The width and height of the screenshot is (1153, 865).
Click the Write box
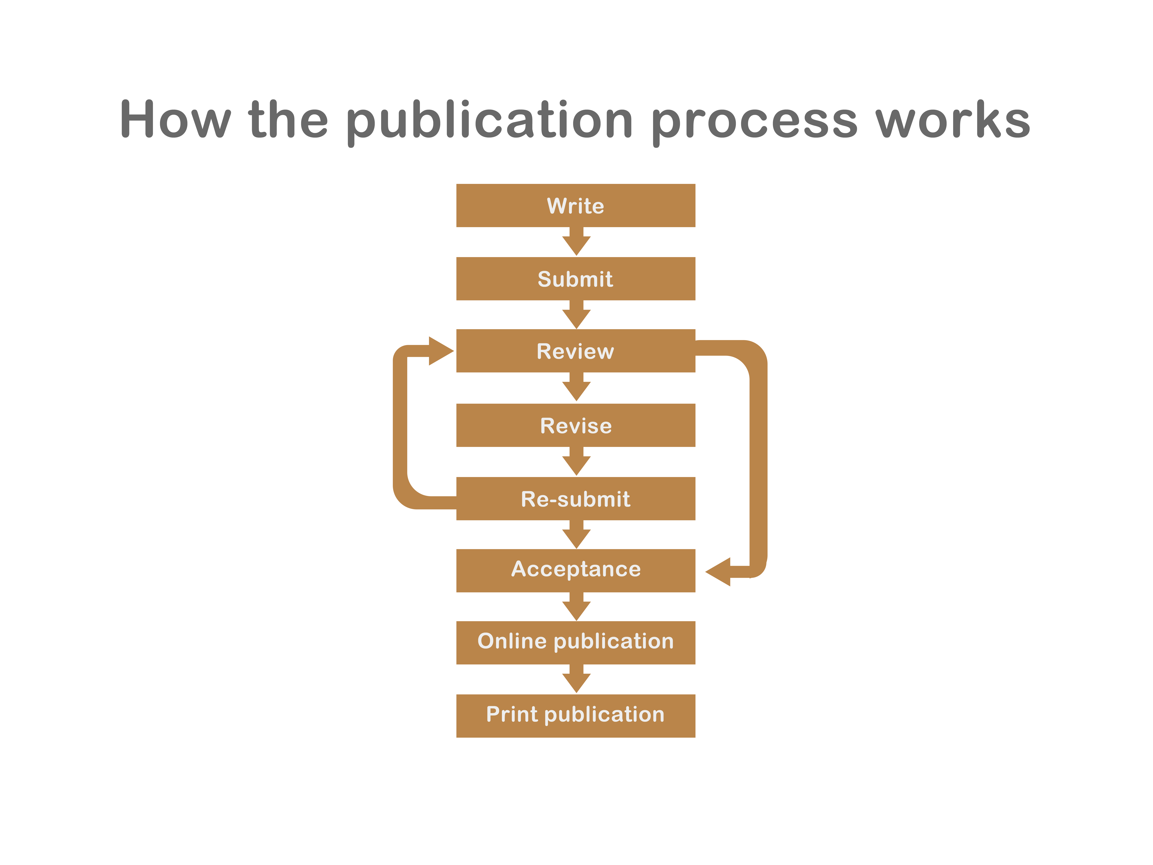(x=575, y=205)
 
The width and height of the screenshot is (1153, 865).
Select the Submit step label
(x=575, y=279)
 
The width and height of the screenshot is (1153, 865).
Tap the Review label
(x=575, y=351)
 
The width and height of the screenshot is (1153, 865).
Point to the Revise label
(x=575, y=426)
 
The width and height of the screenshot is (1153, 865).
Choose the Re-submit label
(x=575, y=499)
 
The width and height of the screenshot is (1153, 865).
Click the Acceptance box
(x=575, y=569)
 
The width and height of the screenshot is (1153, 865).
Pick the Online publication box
(x=575, y=641)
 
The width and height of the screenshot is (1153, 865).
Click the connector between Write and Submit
(x=576, y=241)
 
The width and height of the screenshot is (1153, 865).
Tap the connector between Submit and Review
(x=576, y=314)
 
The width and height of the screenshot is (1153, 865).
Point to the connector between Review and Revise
(x=576, y=387)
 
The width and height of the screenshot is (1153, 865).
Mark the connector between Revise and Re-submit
(x=576, y=461)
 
